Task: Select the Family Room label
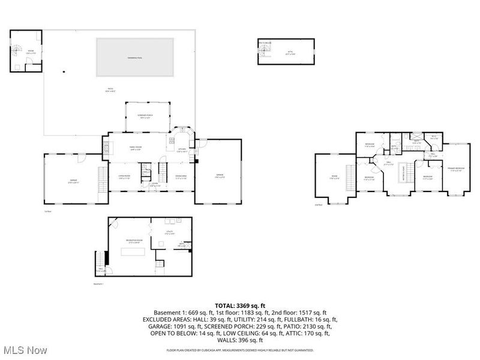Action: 135,148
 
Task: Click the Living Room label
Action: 124,176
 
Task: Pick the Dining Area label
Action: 181,176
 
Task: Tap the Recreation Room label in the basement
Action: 133,241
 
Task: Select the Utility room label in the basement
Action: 170,233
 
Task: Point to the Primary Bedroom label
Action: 457,169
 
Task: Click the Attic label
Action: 290,53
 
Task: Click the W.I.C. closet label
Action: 434,137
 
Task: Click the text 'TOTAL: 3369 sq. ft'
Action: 239,306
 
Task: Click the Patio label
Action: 110,90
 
